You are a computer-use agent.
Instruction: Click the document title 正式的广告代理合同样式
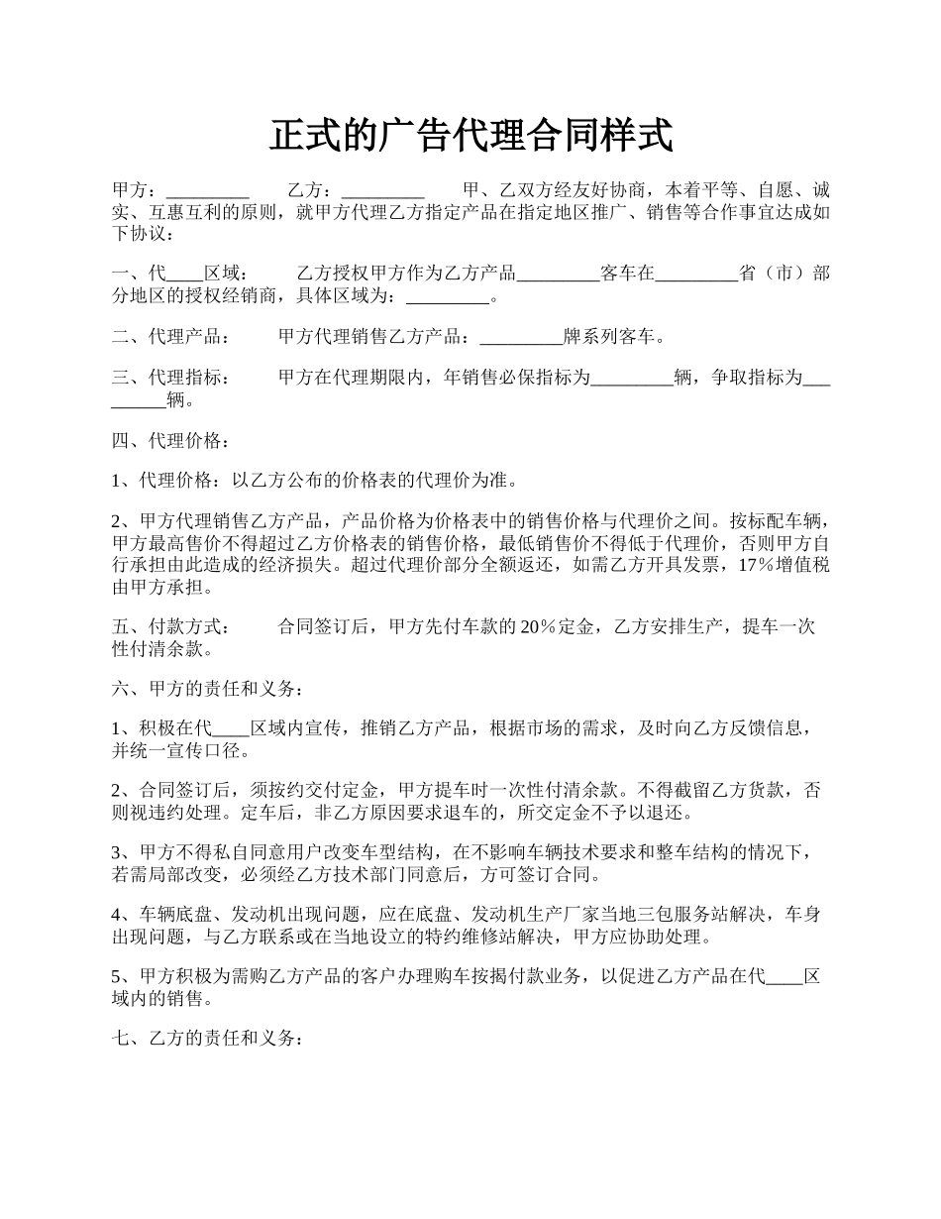point(470,136)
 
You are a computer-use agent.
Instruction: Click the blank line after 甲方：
point(207,190)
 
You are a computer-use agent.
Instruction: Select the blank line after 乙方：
point(382,190)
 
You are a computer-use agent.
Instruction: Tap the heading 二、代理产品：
point(170,337)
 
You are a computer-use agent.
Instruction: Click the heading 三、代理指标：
point(170,378)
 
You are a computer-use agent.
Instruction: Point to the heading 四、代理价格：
point(170,440)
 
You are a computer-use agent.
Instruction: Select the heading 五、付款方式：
point(170,626)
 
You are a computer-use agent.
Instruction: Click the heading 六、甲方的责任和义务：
point(207,689)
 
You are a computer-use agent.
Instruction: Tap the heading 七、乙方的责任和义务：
point(207,1039)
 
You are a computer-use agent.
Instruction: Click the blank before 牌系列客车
point(521,337)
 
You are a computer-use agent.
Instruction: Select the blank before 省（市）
point(696,275)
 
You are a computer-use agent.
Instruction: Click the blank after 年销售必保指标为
point(632,378)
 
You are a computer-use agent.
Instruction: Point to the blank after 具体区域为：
point(449,296)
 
